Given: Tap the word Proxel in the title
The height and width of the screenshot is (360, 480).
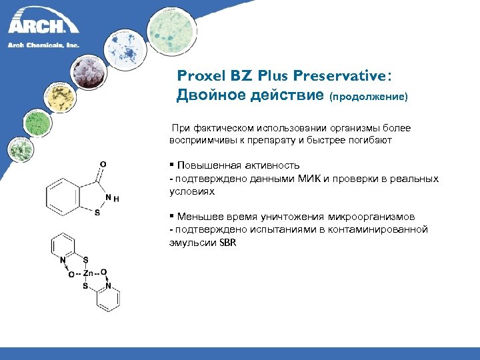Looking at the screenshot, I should coord(199,76).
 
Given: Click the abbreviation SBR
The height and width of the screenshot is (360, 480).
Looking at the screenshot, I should coord(227,242).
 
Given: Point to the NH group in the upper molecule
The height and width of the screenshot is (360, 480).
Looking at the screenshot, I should coord(111,197).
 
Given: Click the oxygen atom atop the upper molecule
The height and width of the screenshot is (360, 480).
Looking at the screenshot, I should coord(102,163).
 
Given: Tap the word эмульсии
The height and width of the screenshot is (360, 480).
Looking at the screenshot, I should coord(191,242).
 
